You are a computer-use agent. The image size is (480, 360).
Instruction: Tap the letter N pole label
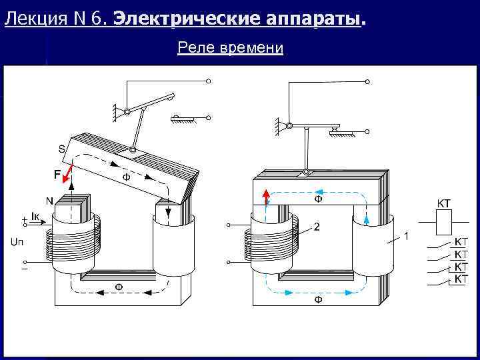pos(49,201)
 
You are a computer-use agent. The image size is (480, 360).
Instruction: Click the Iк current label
pos(39,217)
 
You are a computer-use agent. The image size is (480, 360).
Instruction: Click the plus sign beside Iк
pos(25,218)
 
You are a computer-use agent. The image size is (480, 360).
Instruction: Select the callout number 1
pos(407,236)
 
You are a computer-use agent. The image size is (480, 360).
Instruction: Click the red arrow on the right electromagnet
pos(265,197)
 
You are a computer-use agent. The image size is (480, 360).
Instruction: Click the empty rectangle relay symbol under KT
pos(445,221)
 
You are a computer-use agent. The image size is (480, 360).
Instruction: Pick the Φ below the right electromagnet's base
pos(317,301)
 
